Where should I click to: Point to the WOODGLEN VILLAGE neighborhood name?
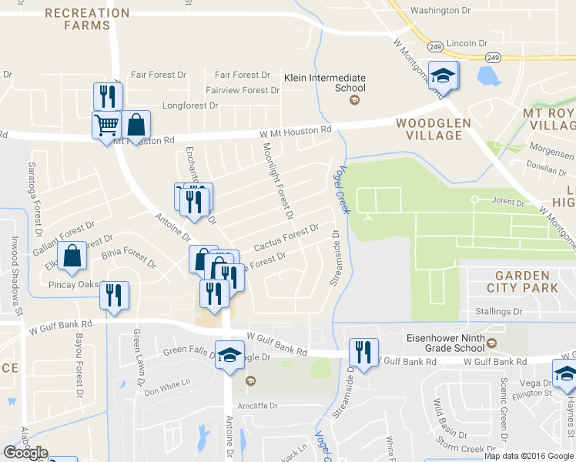click(x=429, y=129)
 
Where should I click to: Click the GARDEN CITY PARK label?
click(x=527, y=281)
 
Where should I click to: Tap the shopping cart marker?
click(x=106, y=124)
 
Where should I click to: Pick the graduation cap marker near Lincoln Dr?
click(x=443, y=76)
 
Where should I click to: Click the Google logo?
click(x=25, y=453)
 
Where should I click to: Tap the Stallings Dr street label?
click(x=496, y=312)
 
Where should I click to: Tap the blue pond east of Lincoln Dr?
click(x=487, y=75)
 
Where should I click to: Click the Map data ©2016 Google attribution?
click(x=528, y=455)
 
